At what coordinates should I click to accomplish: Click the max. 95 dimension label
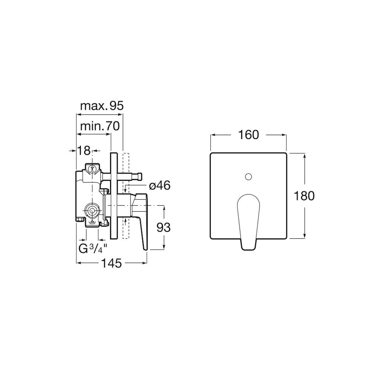pos(102,106)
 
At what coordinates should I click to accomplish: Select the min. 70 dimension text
pos(100,126)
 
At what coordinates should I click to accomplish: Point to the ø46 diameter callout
pos(159,185)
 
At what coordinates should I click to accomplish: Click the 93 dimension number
pos(164,227)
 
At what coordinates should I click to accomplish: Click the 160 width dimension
pos(248,135)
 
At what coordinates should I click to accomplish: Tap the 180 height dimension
pos(304,196)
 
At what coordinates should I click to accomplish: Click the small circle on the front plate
pos(248,177)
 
